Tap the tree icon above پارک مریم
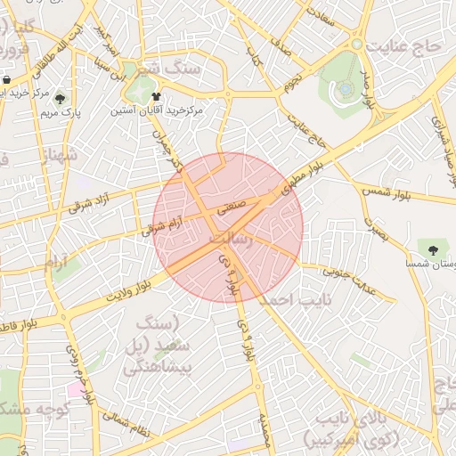pyautogui.click(x=60, y=99)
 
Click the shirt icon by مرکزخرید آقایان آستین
pyautogui.click(x=156, y=95)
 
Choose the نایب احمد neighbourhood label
pyautogui.click(x=289, y=301)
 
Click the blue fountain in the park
pyautogui.click(x=345, y=89)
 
